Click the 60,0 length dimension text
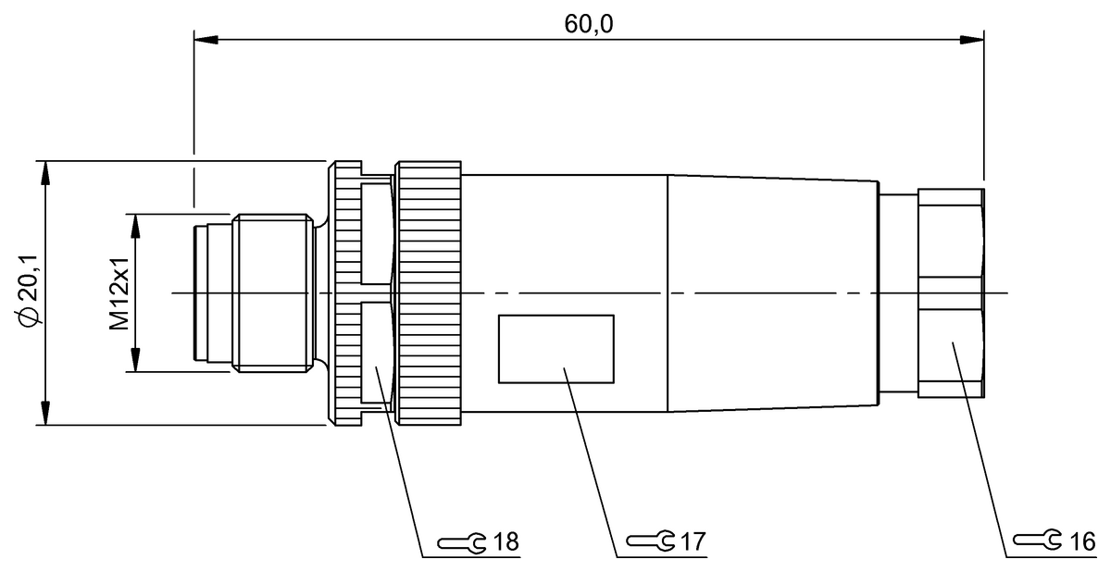coord(589,23)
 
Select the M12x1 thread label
coord(118,292)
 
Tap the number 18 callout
coord(506,541)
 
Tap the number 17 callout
coord(693,540)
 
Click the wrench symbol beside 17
coord(649,540)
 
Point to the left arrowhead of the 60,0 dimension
coord(205,40)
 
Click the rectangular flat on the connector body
coord(555,349)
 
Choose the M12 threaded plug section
coord(271,293)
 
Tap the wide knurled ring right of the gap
coord(428,293)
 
